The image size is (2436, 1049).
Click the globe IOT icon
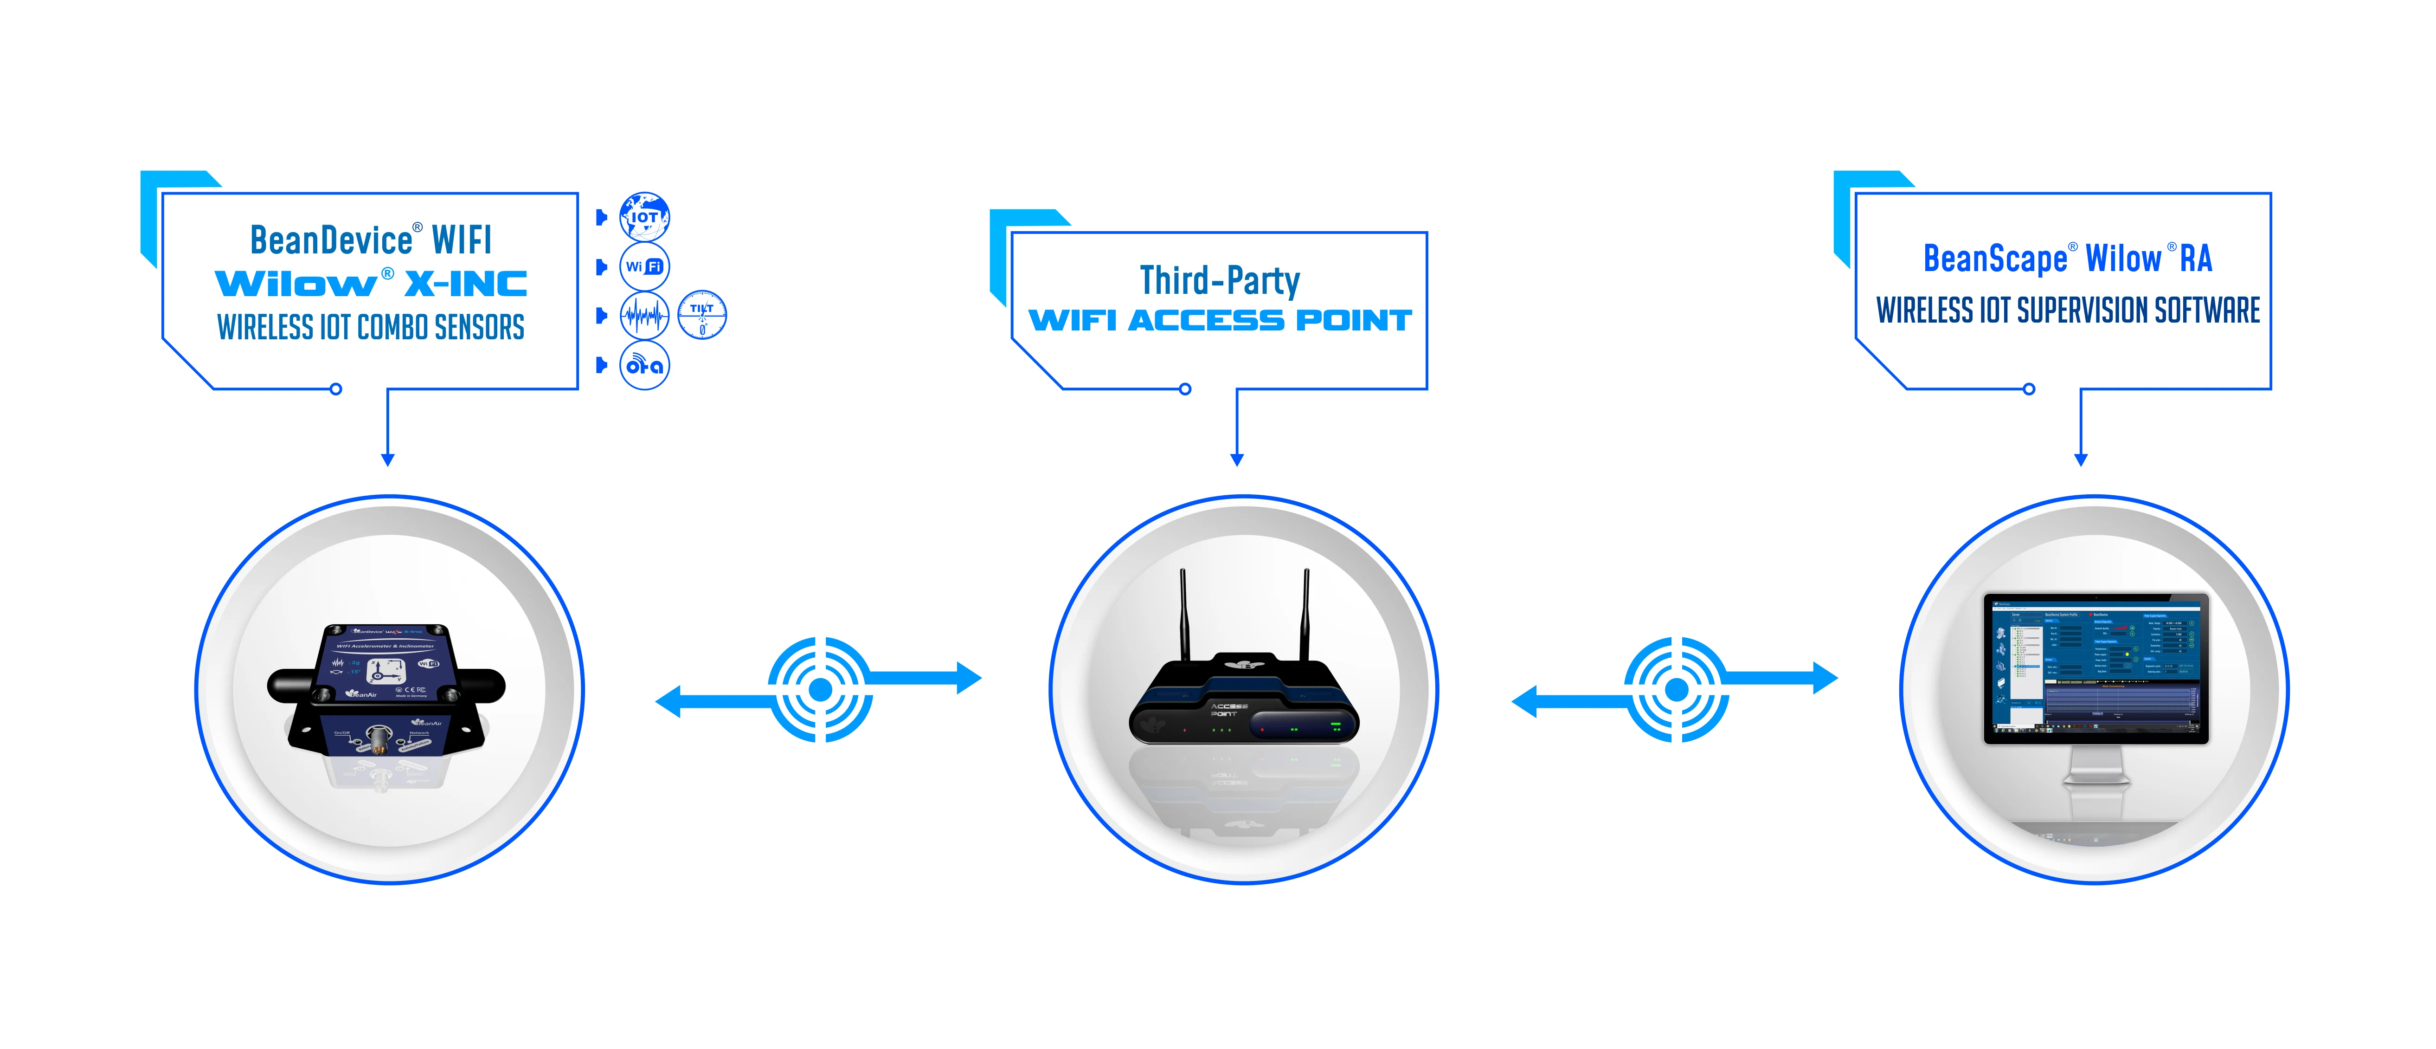click(644, 217)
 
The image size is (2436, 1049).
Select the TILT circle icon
click(702, 315)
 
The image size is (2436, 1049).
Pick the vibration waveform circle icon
click(644, 315)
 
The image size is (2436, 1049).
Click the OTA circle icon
click(644, 365)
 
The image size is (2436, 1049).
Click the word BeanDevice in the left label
click(331, 240)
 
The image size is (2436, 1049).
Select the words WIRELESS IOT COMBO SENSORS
click(371, 327)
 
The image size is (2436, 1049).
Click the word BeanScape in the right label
click(1995, 258)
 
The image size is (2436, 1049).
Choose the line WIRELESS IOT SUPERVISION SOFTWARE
click(2068, 310)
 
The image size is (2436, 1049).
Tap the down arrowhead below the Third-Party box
click(1237, 460)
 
